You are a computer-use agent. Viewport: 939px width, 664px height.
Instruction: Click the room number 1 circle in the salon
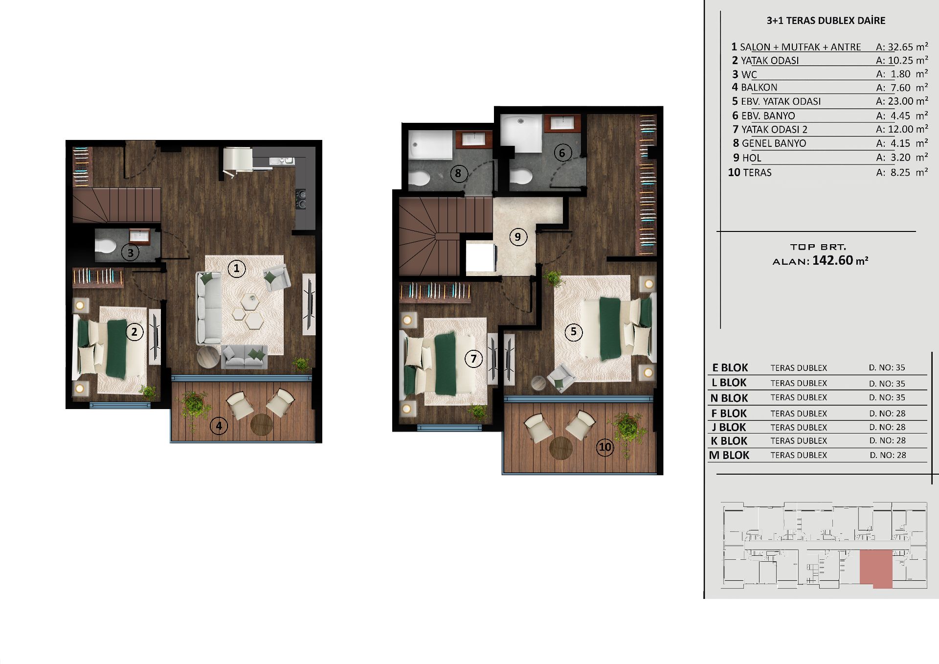pos(237,268)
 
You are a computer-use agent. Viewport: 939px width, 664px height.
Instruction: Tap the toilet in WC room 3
pos(105,245)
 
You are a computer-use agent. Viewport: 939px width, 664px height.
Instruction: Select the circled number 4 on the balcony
pos(219,426)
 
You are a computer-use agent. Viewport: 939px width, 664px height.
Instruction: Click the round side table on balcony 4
pos(262,424)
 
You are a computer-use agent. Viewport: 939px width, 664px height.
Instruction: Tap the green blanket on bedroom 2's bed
pos(116,349)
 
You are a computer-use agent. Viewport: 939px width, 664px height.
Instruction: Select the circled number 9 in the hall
pos(518,237)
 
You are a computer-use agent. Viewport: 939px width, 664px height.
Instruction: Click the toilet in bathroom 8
pos(419,178)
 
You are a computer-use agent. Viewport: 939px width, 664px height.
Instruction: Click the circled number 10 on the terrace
pos(605,447)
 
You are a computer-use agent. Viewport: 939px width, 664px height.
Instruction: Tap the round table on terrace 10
pos(560,448)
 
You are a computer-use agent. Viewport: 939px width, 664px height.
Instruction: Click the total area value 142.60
pos(832,260)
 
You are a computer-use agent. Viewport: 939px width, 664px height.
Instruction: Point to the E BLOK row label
pos(730,368)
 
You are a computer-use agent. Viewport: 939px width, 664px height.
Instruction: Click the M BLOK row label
pos(729,455)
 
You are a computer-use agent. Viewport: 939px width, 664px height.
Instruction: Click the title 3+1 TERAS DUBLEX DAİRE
pos(826,21)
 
